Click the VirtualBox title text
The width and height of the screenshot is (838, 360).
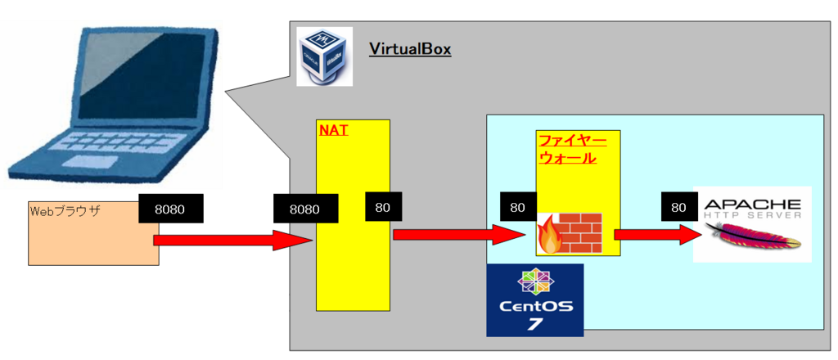[409, 48]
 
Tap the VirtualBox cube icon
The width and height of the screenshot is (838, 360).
[325, 56]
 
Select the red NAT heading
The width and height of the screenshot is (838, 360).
[333, 129]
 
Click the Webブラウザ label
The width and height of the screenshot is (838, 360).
[65, 211]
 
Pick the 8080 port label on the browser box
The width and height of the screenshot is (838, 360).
[170, 209]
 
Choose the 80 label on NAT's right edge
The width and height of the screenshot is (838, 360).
[383, 208]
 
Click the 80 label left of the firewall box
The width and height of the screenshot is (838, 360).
[517, 208]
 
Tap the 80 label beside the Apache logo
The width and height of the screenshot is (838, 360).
[678, 208]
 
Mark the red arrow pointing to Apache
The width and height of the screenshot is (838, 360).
[651, 236]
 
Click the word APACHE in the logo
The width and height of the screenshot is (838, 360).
[751, 204]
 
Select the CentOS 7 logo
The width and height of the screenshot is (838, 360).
[534, 299]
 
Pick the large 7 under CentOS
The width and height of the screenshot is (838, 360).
[534, 324]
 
